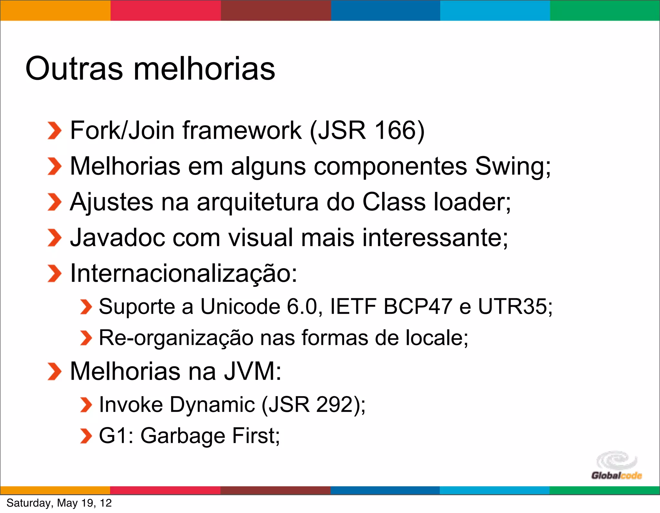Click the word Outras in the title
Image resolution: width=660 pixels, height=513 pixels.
(x=74, y=69)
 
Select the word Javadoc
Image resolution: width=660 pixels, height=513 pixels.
(x=117, y=238)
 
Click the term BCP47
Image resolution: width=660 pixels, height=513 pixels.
(x=417, y=306)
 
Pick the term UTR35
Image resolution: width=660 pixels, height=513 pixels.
(x=512, y=306)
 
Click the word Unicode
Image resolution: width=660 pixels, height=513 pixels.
(x=240, y=306)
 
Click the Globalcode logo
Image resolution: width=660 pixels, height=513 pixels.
(x=616, y=466)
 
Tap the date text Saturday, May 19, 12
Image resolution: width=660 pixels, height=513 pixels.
(x=59, y=503)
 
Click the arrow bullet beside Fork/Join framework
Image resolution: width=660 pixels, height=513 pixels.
(x=54, y=131)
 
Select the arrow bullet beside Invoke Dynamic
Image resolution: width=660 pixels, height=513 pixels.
(x=86, y=405)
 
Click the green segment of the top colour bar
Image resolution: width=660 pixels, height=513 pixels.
(x=605, y=10)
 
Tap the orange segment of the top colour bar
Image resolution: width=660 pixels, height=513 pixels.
(x=55, y=10)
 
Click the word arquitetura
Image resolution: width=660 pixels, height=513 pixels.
(x=257, y=202)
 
